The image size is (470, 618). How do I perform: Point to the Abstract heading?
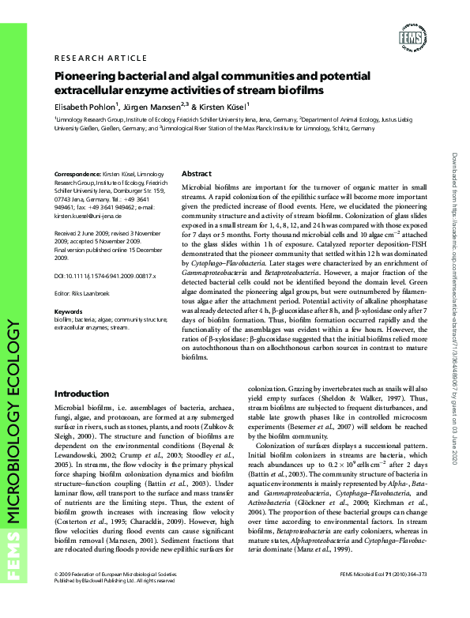(x=197, y=172)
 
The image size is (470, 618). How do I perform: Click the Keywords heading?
(x=68, y=312)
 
